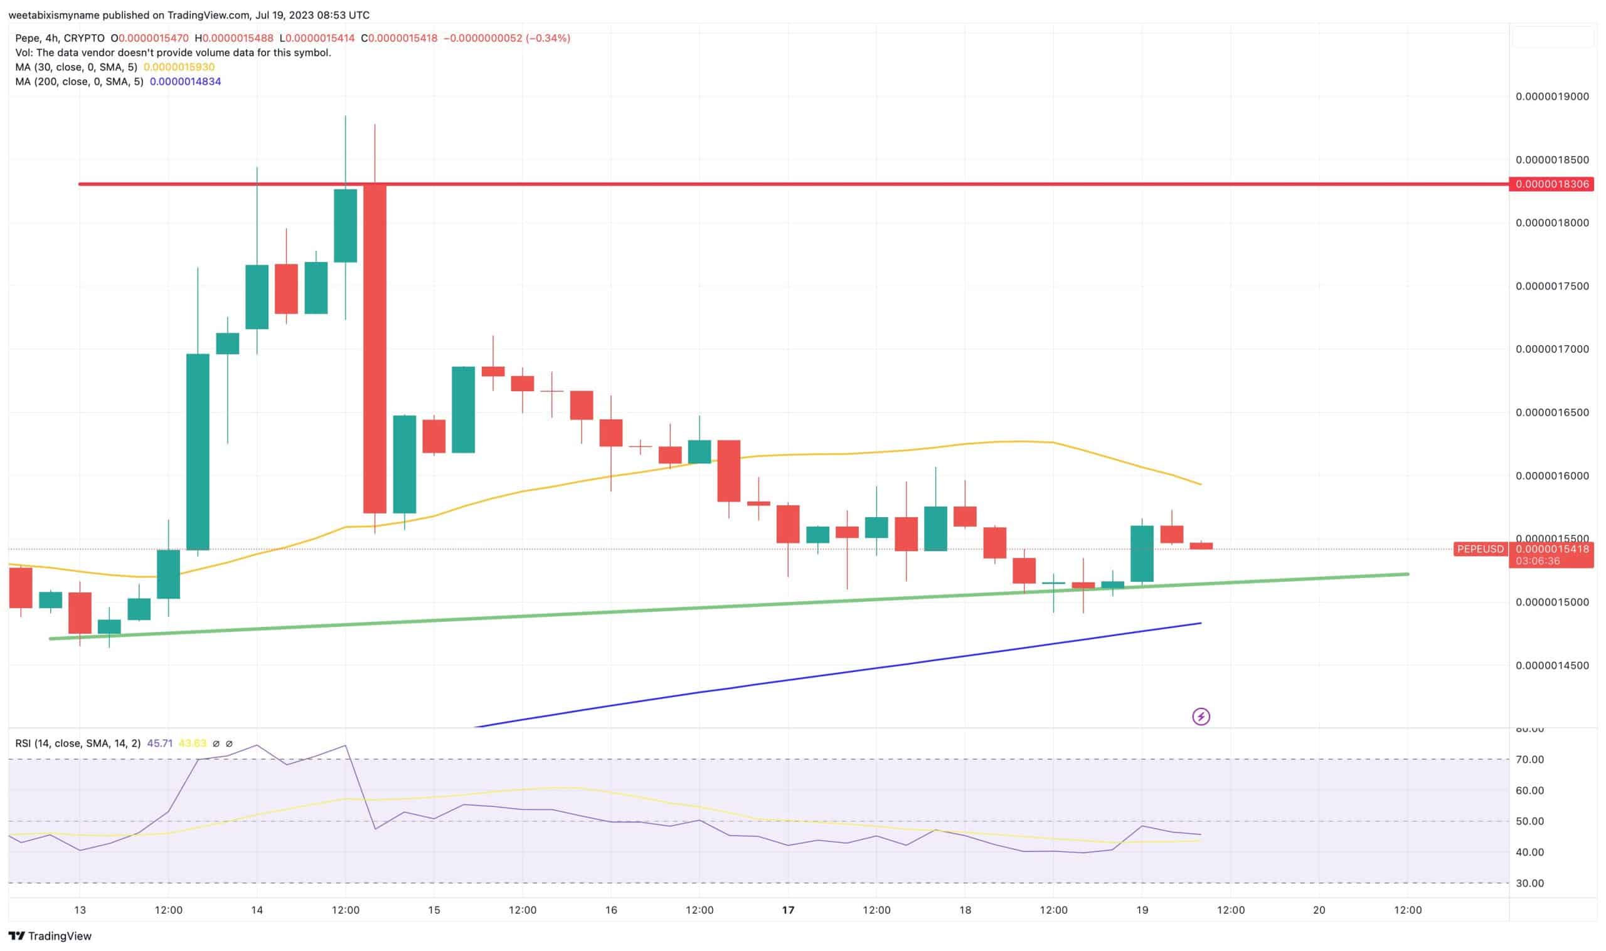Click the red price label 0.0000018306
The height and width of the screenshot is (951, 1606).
tap(1551, 184)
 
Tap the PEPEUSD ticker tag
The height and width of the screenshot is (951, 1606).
tap(1480, 549)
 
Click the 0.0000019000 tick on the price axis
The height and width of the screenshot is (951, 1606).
tap(1551, 97)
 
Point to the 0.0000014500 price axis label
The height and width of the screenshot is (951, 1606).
tap(1551, 666)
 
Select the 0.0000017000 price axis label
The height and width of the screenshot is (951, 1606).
tap(1551, 349)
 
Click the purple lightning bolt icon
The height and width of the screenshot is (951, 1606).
tap(1201, 717)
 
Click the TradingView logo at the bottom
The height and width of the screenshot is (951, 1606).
tap(50, 936)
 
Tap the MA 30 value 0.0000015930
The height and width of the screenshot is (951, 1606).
tap(179, 67)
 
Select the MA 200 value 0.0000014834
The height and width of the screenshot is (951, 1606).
tap(185, 81)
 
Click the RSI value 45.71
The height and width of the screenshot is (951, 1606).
tap(159, 744)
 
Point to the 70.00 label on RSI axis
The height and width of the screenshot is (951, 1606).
tap(1529, 760)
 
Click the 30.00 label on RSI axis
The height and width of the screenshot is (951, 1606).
tap(1529, 884)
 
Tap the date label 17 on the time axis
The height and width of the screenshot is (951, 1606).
tap(788, 910)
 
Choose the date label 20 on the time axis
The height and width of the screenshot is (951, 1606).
tap(1319, 910)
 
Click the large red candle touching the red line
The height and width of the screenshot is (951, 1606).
tap(375, 349)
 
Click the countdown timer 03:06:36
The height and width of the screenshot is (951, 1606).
tap(1537, 561)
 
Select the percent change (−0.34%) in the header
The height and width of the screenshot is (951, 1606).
tap(548, 38)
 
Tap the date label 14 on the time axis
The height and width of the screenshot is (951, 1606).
tap(257, 910)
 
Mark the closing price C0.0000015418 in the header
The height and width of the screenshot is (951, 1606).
tap(400, 38)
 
